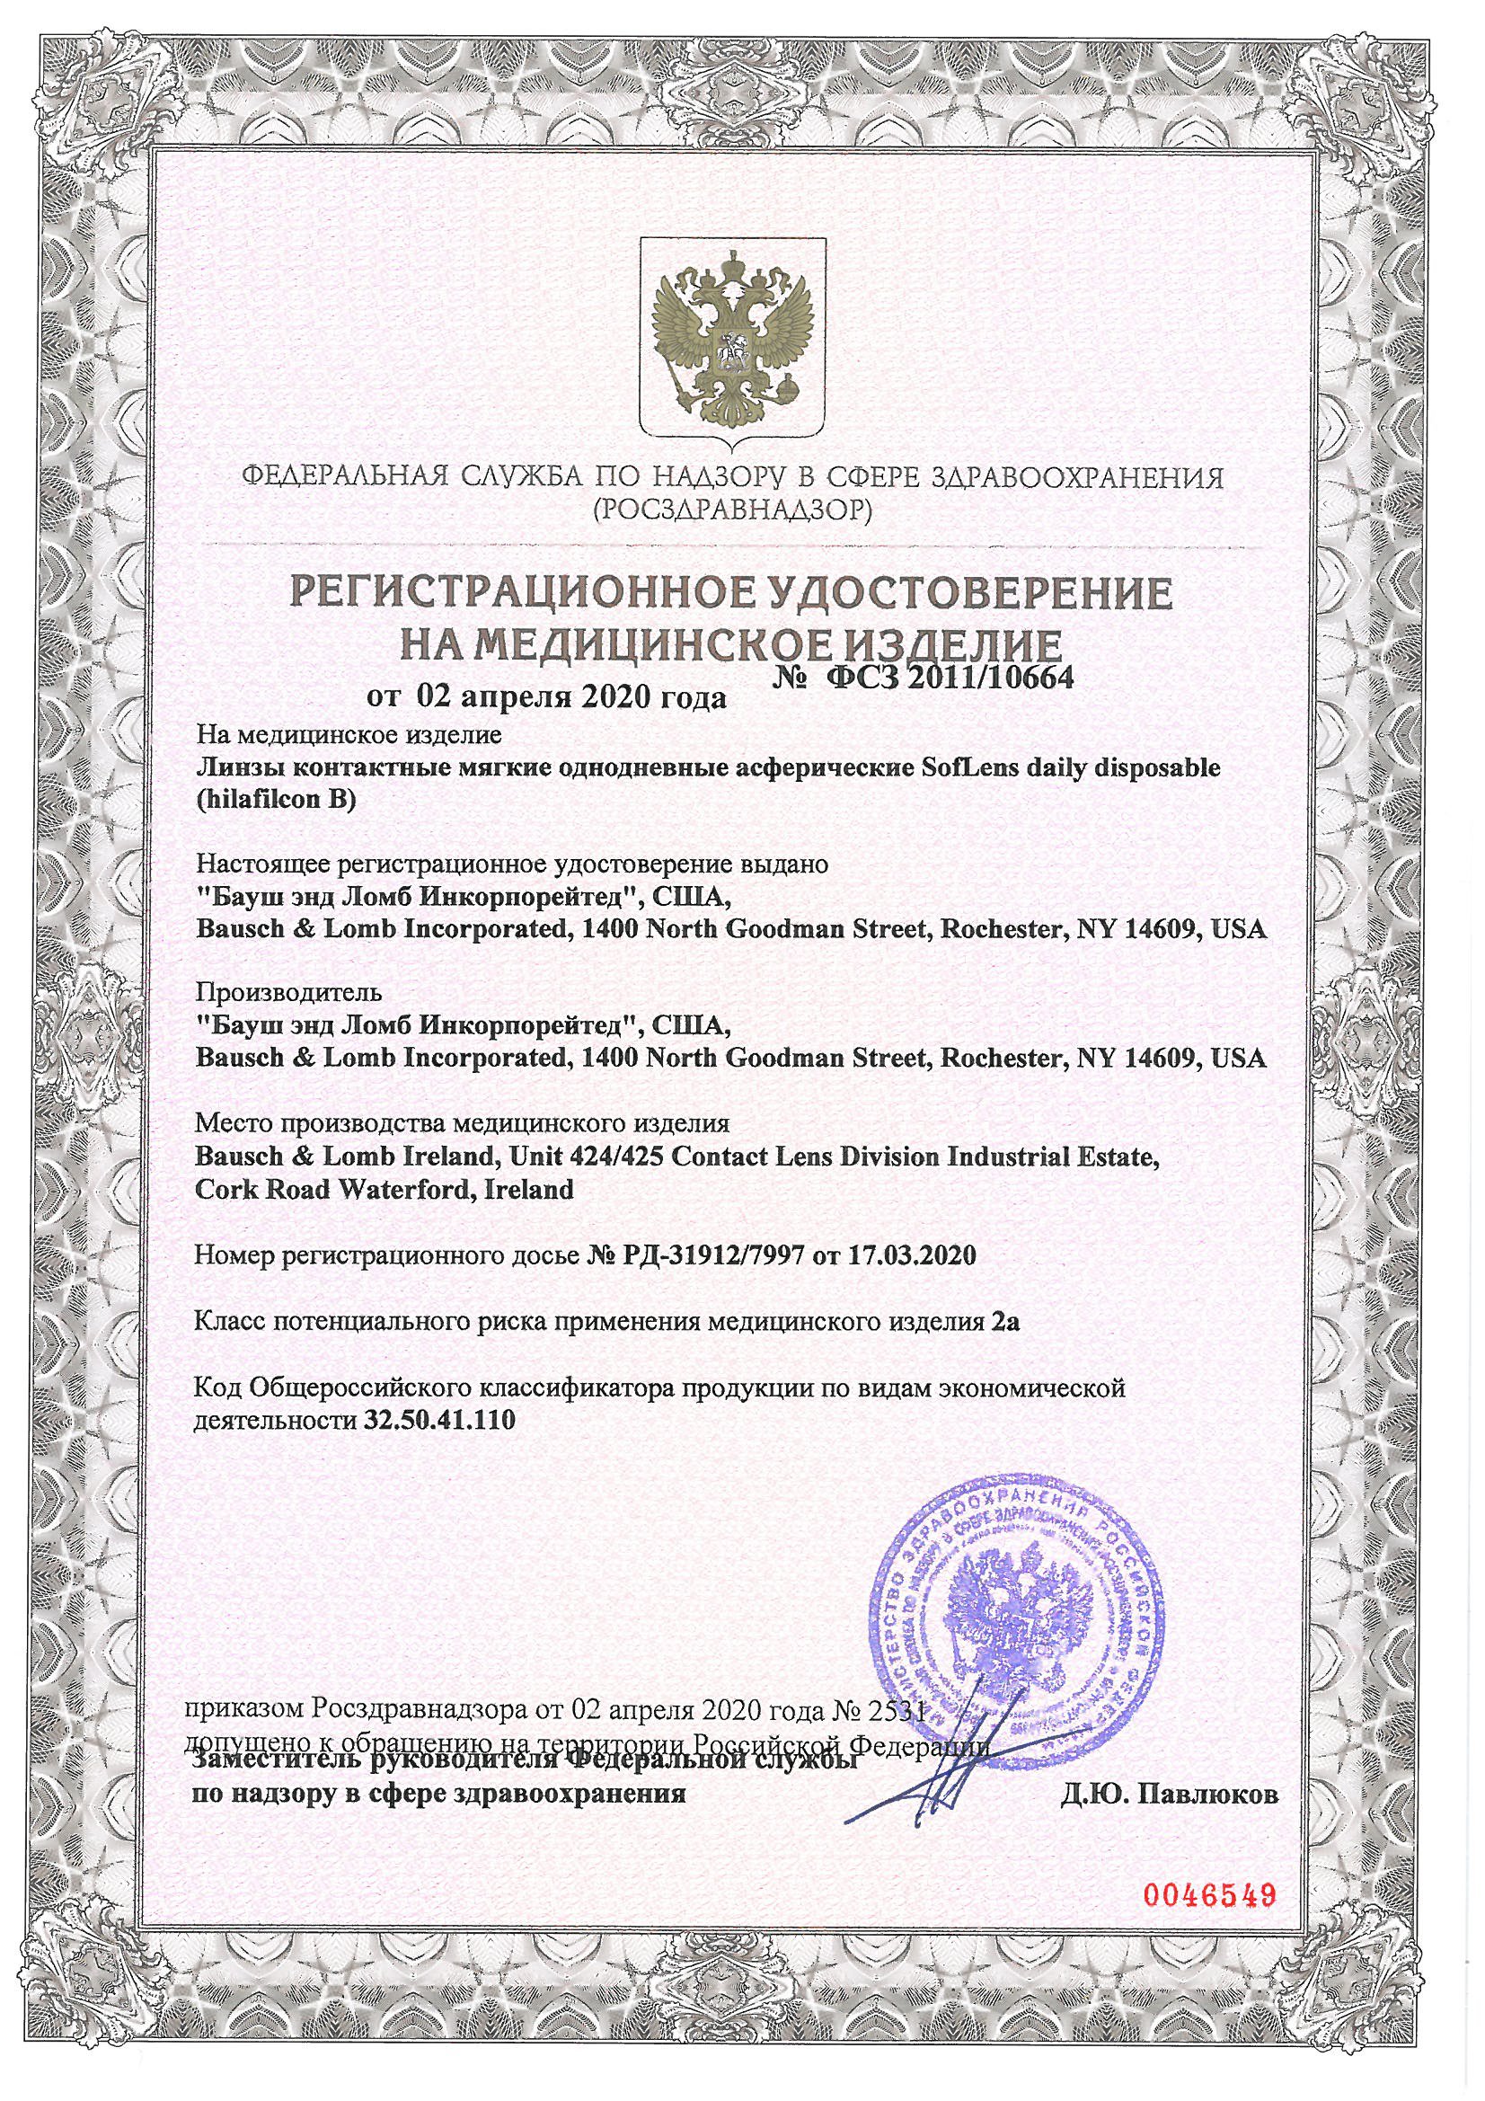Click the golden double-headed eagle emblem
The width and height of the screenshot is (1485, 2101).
[733, 340]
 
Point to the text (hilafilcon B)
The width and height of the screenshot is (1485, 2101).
[274, 801]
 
